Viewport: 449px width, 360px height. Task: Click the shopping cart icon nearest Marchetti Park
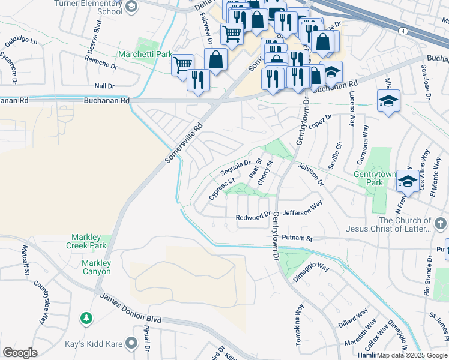pos(182,64)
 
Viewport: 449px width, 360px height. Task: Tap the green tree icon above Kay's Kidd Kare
pos(87,316)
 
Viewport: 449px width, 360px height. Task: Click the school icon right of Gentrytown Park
pos(408,180)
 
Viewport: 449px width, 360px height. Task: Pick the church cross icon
pos(440,224)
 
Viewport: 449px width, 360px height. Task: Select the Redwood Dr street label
pos(253,217)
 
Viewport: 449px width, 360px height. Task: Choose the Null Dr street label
pos(104,86)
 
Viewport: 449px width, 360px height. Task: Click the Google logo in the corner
pos(20,353)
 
